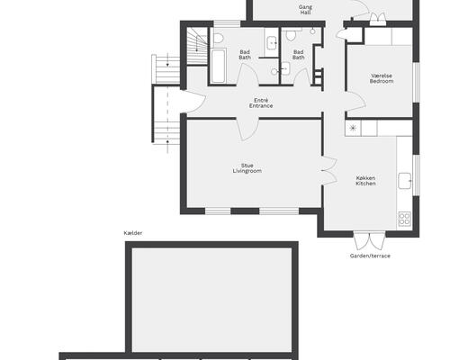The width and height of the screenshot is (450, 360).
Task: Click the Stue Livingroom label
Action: [x=247, y=168]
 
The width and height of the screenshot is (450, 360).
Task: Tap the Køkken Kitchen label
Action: [x=365, y=181]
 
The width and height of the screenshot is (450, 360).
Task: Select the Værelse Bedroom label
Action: [x=382, y=78]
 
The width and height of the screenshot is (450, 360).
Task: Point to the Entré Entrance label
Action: [x=261, y=103]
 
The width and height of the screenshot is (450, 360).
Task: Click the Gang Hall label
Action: [x=305, y=10]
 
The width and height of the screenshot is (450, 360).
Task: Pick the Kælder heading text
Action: [x=133, y=233]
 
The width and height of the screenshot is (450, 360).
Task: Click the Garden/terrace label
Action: [x=370, y=256]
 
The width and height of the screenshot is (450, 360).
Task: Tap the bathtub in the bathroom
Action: [x=218, y=66]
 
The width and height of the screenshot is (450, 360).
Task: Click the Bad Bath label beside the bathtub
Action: [x=245, y=55]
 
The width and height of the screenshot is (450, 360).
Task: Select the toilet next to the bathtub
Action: [x=219, y=37]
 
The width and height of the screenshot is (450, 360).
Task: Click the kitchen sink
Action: [x=405, y=181]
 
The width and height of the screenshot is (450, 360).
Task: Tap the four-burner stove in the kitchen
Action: [x=404, y=219]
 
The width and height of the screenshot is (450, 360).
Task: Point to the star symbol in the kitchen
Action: [x=353, y=129]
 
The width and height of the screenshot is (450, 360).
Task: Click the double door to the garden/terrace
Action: [x=369, y=241]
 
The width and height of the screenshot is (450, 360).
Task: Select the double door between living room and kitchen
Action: [x=329, y=170]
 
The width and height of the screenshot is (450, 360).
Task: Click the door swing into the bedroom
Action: [x=356, y=102]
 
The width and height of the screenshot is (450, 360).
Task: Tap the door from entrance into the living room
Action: [x=247, y=130]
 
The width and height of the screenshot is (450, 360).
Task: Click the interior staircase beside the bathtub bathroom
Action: [x=197, y=46]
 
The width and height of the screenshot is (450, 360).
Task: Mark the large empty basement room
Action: [x=212, y=300]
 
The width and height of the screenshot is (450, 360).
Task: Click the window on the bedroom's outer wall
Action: [x=416, y=82]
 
